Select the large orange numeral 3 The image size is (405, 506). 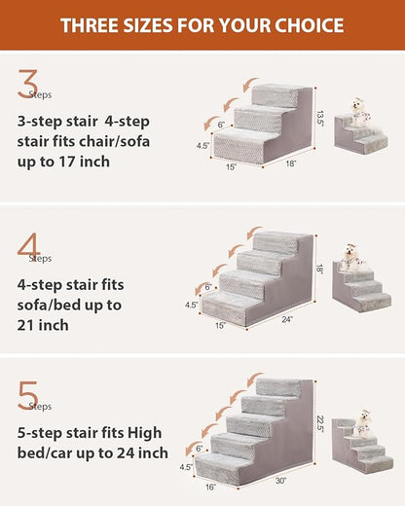tap(27, 87)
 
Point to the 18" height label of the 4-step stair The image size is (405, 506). tap(319, 268)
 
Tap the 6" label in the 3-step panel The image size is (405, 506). tap(221, 125)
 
